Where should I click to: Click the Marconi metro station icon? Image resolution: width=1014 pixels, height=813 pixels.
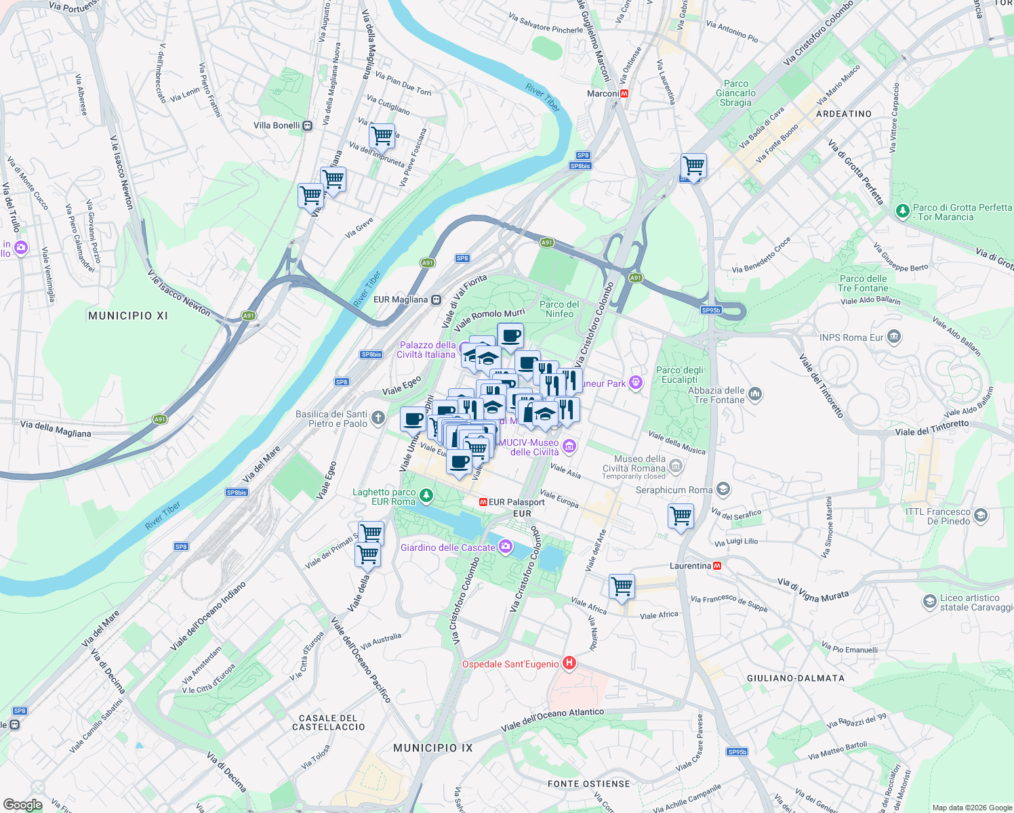[624, 93]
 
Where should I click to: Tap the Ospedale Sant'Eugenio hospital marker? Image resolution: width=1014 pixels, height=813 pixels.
[569, 663]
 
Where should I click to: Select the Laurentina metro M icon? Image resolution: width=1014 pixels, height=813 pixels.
[717, 566]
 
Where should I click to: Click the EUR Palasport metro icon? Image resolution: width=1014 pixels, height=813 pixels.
[483, 502]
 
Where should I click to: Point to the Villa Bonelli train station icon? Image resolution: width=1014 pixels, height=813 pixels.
[308, 125]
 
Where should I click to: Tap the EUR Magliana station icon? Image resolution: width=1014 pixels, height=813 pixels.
[436, 299]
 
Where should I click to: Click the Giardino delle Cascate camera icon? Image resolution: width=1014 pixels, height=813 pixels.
[506, 547]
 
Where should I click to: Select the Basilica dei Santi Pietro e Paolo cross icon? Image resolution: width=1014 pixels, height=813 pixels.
[378, 418]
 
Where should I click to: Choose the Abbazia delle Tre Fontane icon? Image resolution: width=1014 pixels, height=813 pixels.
[755, 394]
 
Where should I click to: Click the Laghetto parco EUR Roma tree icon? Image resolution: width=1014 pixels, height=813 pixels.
[426, 496]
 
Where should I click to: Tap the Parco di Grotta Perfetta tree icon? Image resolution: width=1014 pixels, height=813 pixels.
[902, 211]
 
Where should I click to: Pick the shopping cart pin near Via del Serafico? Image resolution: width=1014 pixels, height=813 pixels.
[681, 516]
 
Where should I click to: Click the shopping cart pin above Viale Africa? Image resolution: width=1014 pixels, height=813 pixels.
[622, 586]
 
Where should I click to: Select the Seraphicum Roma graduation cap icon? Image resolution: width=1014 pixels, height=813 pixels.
[723, 489]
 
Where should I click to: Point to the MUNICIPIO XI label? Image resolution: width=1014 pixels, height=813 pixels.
[128, 316]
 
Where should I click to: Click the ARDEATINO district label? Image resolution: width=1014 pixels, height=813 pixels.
[844, 114]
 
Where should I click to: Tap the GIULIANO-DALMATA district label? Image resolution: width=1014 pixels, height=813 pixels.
[796, 678]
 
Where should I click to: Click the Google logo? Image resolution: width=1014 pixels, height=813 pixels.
[23, 805]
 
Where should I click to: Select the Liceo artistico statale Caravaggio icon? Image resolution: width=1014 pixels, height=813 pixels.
[929, 602]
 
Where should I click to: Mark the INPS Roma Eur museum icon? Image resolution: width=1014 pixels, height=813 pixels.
[894, 336]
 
